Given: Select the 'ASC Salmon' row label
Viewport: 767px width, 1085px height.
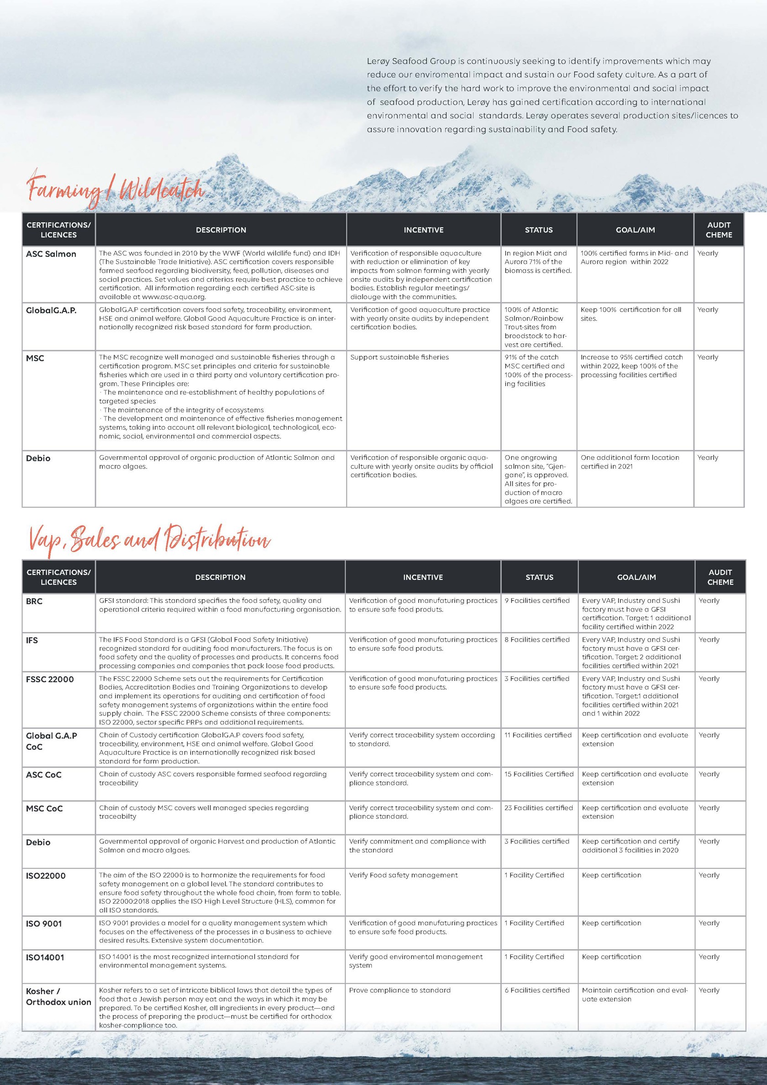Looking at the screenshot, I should point(51,254).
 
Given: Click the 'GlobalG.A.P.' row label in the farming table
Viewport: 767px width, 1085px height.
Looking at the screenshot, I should point(51,311).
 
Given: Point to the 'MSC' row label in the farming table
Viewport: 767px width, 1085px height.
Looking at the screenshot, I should point(35,358).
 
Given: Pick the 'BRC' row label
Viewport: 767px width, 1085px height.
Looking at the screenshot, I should point(34,601).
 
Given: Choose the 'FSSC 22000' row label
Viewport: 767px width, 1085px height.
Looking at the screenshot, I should point(50,679).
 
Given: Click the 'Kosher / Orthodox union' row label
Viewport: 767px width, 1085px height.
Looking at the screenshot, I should point(58,996).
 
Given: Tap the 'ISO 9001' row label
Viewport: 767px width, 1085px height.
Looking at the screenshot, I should point(43,923).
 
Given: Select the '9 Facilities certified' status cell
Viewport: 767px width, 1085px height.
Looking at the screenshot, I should point(537,600).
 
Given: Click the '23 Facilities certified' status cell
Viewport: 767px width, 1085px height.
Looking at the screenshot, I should point(538,808).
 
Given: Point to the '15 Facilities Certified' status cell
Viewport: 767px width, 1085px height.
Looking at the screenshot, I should point(539,774).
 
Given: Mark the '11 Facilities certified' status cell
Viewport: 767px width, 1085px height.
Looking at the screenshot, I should point(538,735).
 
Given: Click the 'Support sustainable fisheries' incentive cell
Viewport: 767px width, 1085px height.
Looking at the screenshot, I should point(399,357).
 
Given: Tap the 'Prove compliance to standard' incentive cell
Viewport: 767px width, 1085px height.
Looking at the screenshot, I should point(400,990).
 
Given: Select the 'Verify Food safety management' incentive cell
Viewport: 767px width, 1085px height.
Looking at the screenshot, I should point(403,875).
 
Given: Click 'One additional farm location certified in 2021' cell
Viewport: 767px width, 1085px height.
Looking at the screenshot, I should point(630,462).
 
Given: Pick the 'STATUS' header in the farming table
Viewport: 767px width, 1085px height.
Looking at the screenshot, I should point(538,230).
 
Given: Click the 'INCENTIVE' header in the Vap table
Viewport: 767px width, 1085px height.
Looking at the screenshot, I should point(422,577).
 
